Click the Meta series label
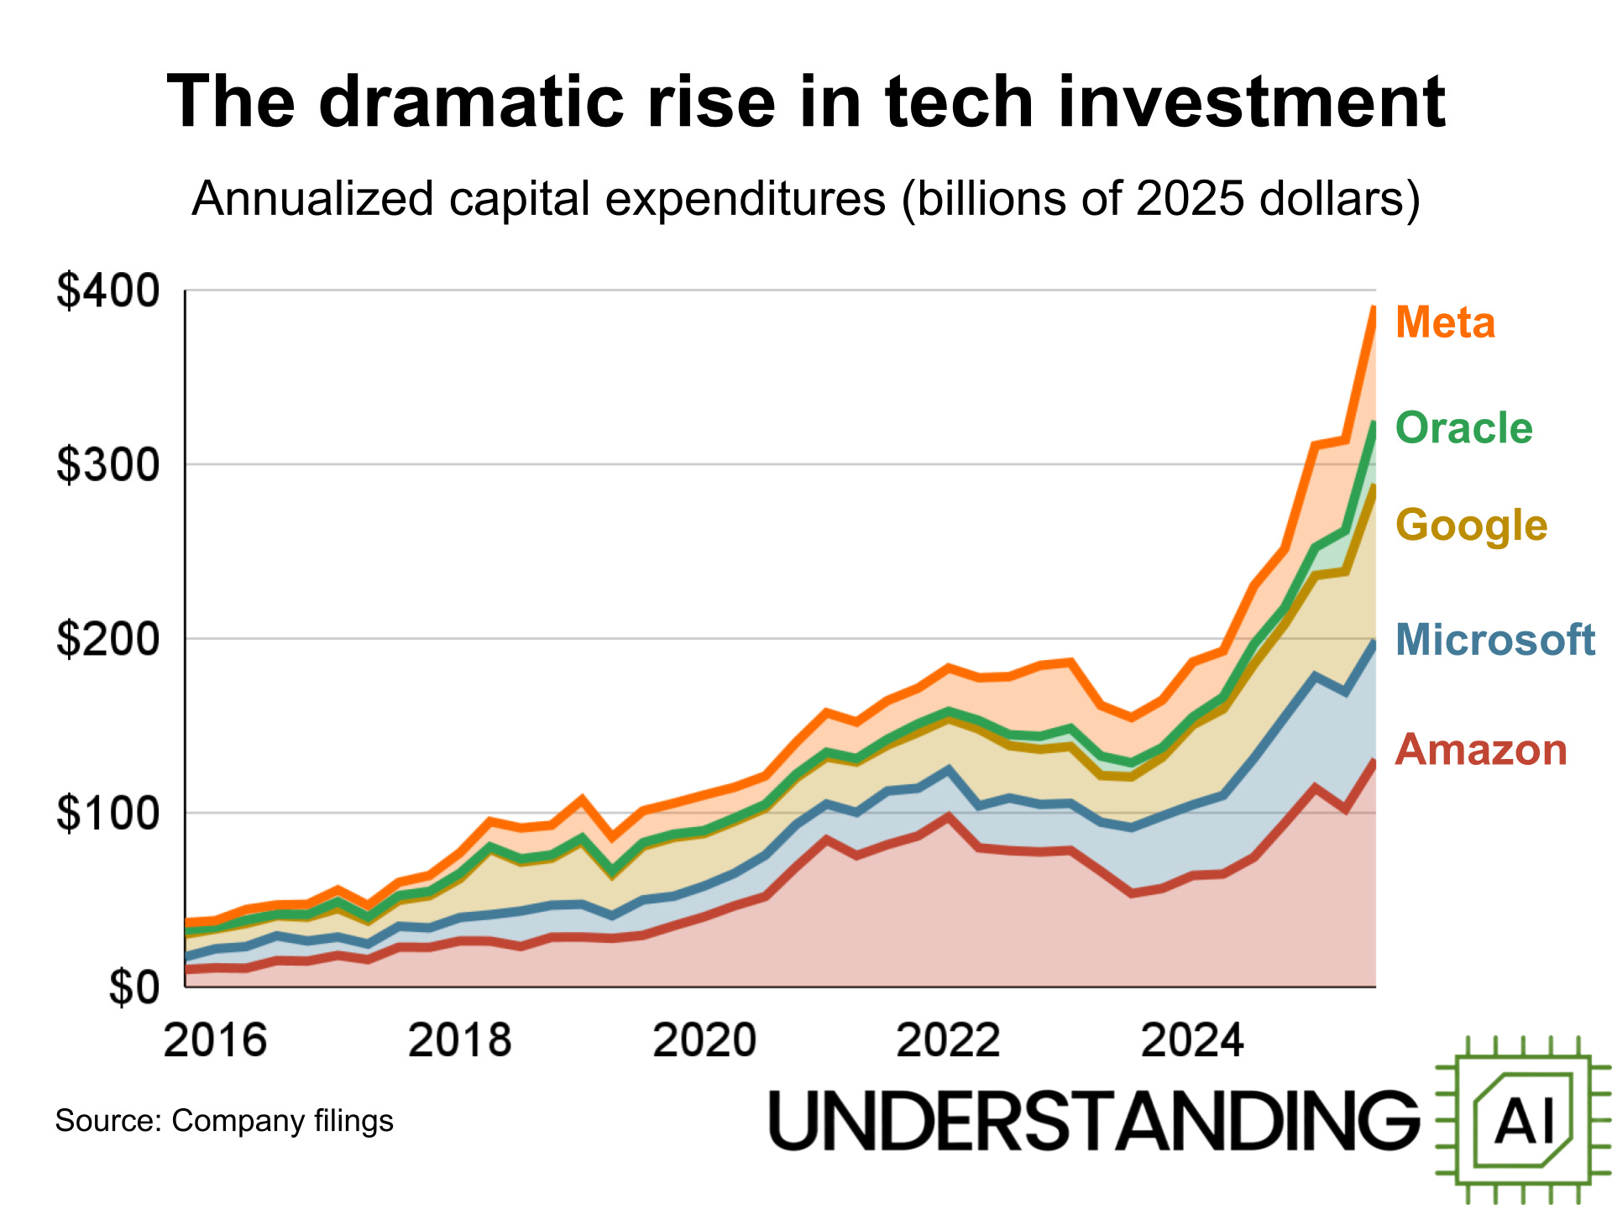point(1445,322)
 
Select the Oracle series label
point(1463,428)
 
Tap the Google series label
point(1471,526)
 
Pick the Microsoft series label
point(1494,640)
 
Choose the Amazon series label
point(1481,750)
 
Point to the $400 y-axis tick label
point(107,291)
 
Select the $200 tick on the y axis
point(107,639)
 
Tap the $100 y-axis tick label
point(107,813)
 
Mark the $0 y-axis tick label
point(133,987)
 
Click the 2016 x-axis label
point(215,1041)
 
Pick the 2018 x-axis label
point(459,1041)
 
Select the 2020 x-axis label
point(704,1041)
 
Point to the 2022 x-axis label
point(948,1041)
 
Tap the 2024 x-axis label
point(1192,1041)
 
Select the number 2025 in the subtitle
point(1189,200)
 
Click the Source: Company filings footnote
point(224,1121)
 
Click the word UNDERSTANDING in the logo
point(1093,1121)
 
